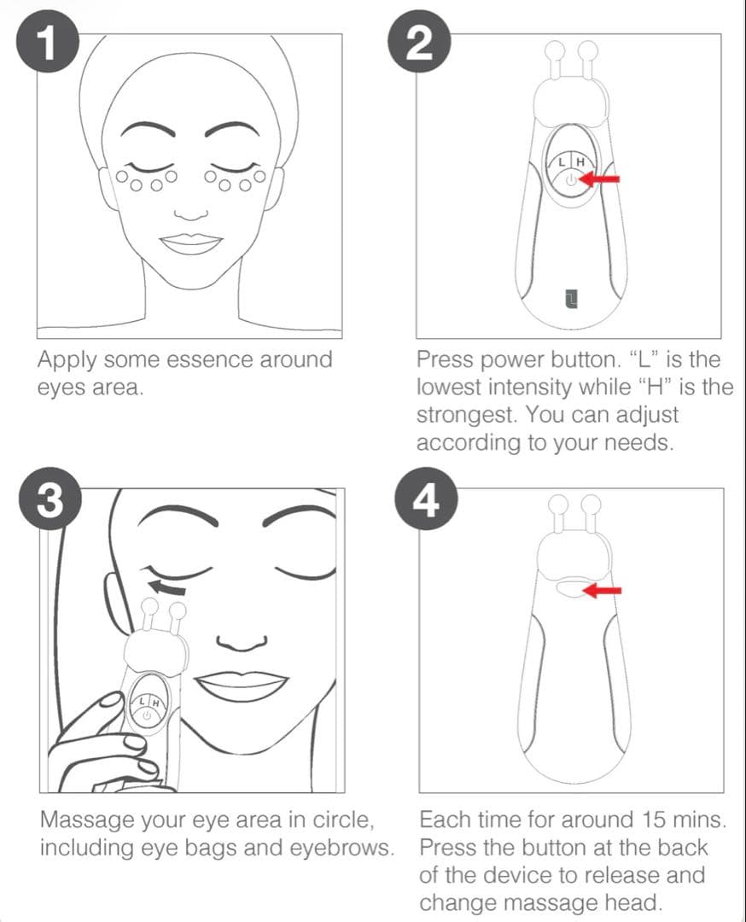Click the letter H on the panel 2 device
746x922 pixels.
click(x=580, y=162)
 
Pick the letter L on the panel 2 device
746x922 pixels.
click(x=562, y=162)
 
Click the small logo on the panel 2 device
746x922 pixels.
click(x=570, y=298)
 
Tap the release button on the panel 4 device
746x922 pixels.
click(x=568, y=589)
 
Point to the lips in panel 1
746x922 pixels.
click(x=191, y=244)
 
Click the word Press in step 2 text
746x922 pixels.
click(x=444, y=359)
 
